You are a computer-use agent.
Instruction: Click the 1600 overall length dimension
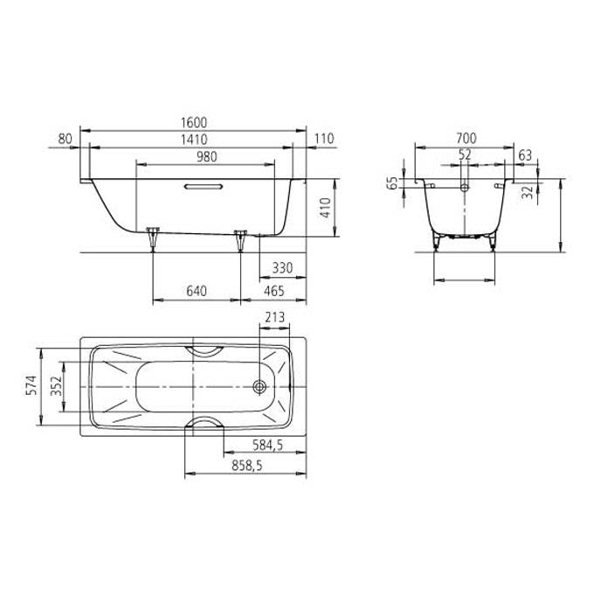click(194, 122)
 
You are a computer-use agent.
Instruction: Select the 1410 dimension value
click(194, 140)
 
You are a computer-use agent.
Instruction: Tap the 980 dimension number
click(207, 156)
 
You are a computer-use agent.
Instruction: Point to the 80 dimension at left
click(66, 139)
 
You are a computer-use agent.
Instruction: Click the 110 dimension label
click(324, 139)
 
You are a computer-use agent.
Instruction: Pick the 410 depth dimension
click(326, 208)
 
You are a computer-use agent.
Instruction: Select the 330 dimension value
click(283, 268)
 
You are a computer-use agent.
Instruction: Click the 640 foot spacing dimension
click(197, 291)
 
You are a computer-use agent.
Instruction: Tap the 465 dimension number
click(274, 291)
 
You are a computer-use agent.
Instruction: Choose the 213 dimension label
click(274, 317)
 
